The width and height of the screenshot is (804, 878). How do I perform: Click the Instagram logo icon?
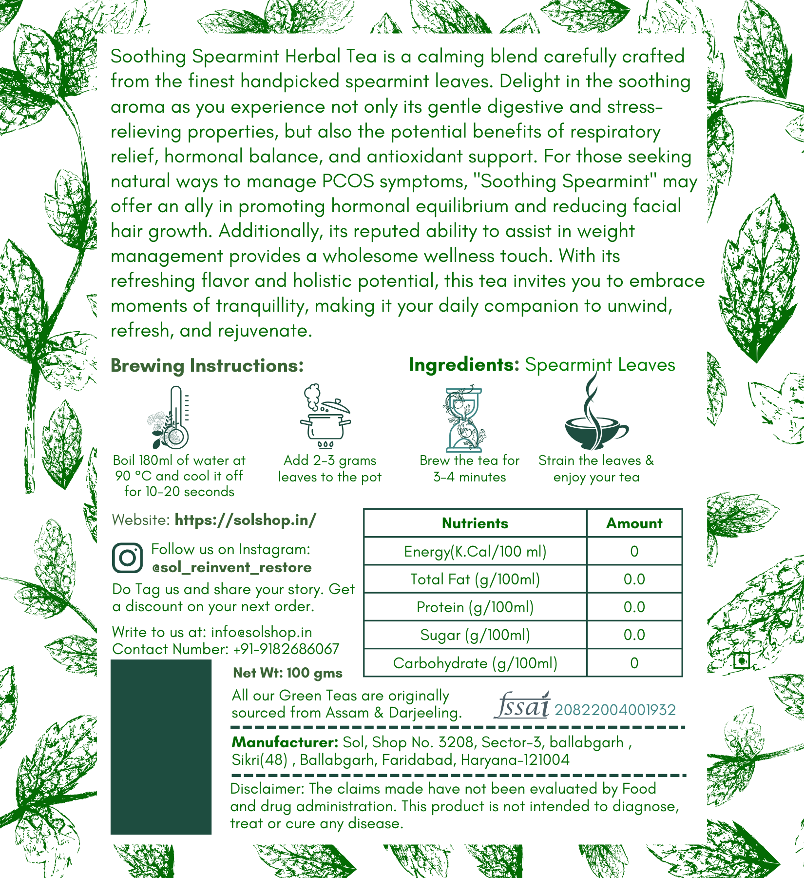[128, 558]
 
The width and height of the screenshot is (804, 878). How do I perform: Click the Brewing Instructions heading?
[207, 366]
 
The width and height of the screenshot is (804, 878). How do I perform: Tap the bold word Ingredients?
[464, 365]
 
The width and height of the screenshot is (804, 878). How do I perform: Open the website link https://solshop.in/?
[245, 520]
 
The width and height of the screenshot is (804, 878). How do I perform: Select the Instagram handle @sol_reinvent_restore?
[231, 567]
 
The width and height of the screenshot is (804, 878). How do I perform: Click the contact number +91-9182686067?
[286, 649]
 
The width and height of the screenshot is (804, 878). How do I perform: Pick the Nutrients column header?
[475, 523]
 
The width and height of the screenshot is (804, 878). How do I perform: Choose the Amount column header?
[634, 523]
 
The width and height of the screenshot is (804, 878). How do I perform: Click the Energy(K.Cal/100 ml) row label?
[475, 551]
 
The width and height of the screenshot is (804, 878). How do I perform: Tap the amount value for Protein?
[634, 607]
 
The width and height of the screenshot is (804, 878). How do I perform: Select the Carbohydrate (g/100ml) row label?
[475, 663]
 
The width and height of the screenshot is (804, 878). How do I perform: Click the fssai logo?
[522, 706]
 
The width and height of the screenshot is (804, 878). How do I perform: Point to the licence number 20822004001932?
[615, 710]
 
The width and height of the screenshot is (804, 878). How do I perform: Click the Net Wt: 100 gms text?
[287, 673]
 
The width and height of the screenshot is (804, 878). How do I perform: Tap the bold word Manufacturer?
[285, 742]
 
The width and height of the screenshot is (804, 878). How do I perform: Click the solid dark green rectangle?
[161, 747]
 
